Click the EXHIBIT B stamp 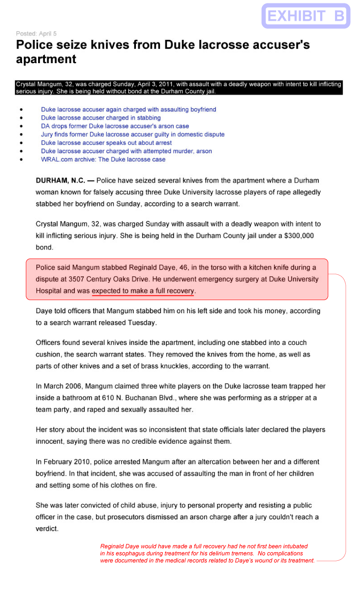pos(305,16)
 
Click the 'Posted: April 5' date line pos(36,33)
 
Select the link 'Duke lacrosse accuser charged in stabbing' pos(101,118)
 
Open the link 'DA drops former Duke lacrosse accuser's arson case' pos(115,126)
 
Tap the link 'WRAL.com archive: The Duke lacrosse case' pos(103,159)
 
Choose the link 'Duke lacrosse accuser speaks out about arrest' pos(106,143)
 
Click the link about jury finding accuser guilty pos(133,134)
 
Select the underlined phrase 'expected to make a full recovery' pos(143,291)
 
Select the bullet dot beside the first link pos(21,109)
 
